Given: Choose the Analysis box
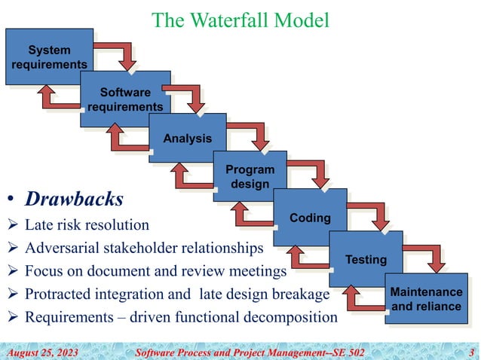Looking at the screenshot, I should tap(188, 138).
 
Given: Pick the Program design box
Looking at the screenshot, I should tap(250, 176).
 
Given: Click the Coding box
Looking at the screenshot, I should tap(310, 218).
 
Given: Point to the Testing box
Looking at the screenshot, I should tap(366, 259).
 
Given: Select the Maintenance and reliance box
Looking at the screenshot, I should tap(427, 299).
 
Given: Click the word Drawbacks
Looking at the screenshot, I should tap(74, 200).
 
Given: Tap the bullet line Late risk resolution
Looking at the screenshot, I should tap(87, 224).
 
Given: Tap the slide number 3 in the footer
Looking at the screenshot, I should tap(471, 351).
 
